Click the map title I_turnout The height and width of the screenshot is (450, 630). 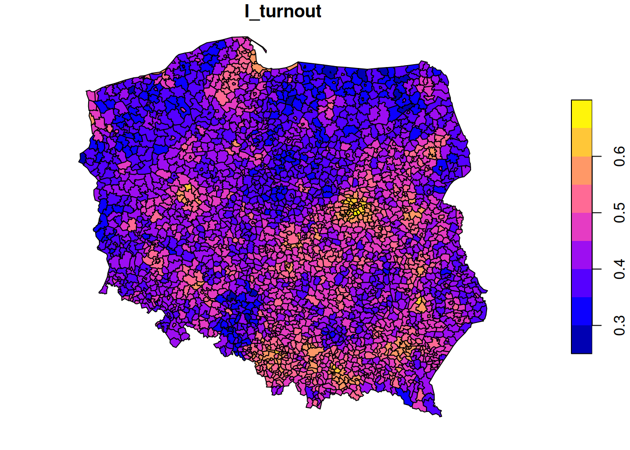[x=283, y=11]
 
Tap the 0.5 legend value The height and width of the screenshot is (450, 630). [x=619, y=213]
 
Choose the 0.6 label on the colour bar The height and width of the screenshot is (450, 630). [x=619, y=157]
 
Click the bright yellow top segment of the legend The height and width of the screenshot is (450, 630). [x=581, y=114]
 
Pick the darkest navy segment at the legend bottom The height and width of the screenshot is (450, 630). [x=581, y=339]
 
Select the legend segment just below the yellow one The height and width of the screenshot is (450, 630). [x=581, y=142]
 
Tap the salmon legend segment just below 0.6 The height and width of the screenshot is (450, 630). [x=581, y=170]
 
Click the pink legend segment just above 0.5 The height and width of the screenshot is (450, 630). [x=581, y=198]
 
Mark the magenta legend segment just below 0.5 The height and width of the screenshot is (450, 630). [x=581, y=226]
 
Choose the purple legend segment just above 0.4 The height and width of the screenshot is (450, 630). [x=581, y=255]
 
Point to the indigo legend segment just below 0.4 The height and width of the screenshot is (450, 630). [x=581, y=283]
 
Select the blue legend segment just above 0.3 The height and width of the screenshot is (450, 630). [x=581, y=311]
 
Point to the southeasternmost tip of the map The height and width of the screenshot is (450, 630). [x=440, y=415]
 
